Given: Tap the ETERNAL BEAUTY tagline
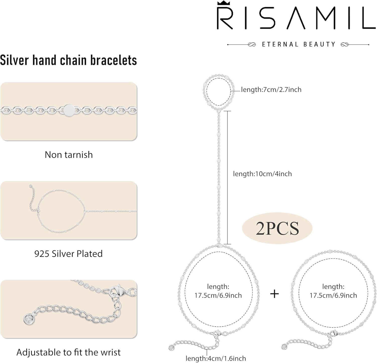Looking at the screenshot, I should pyautogui.click(x=299, y=44).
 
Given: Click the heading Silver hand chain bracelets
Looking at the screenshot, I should pyautogui.click(x=68, y=60).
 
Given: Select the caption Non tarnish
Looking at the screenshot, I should pyautogui.click(x=69, y=155).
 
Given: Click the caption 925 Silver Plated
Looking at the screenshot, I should pyautogui.click(x=68, y=254).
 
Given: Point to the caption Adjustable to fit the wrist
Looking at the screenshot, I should pyautogui.click(x=68, y=352).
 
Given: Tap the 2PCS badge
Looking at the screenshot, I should pyautogui.click(x=277, y=228).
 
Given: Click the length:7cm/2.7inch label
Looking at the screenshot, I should pyautogui.click(x=271, y=89).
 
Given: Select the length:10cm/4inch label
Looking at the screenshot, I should pyautogui.click(x=262, y=174).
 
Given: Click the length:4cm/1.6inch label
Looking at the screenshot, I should pyautogui.click(x=216, y=358).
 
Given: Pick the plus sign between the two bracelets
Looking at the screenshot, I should pyautogui.click(x=274, y=294).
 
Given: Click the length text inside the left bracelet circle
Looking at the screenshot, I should pyautogui.click(x=218, y=291).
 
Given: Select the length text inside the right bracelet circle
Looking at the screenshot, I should pyautogui.click(x=333, y=291).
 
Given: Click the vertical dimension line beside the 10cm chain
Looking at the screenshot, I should pyautogui.click(x=227, y=177).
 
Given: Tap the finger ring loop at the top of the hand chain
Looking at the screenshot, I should pyautogui.click(x=218, y=92).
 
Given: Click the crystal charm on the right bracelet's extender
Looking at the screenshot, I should pyautogui.click(x=285, y=347).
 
